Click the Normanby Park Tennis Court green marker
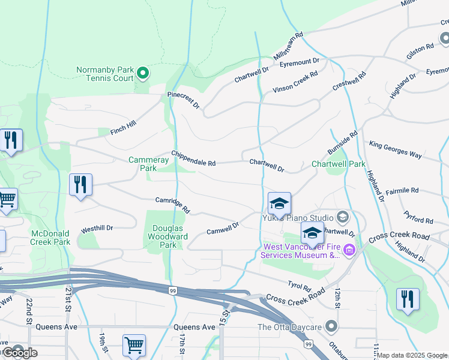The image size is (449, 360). pyautogui.click(x=143, y=74)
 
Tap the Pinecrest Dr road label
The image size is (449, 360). pyautogui.click(x=183, y=100)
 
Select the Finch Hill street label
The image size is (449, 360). pyautogui.click(x=124, y=127)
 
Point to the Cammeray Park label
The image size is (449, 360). pyautogui.click(x=143, y=164)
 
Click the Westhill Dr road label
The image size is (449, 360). pyautogui.click(x=97, y=229)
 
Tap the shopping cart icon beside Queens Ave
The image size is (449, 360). pyautogui.click(x=134, y=344)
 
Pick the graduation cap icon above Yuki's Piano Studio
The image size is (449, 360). pyautogui.click(x=279, y=203)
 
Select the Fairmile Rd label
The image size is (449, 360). pyautogui.click(x=403, y=190)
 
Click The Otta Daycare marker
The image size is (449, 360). pyautogui.click(x=331, y=327)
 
